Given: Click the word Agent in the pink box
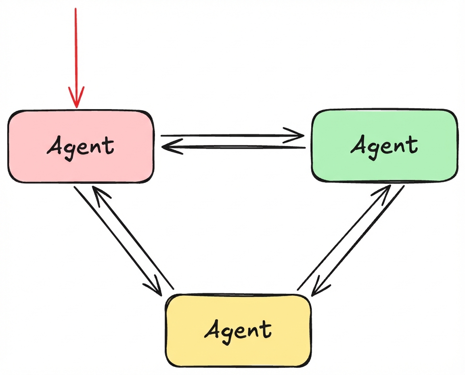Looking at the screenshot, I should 81,146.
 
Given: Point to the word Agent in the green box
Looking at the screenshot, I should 384,145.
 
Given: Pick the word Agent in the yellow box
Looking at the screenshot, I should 238,329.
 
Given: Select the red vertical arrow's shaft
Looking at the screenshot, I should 75,48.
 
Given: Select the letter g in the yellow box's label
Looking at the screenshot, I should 228,333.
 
